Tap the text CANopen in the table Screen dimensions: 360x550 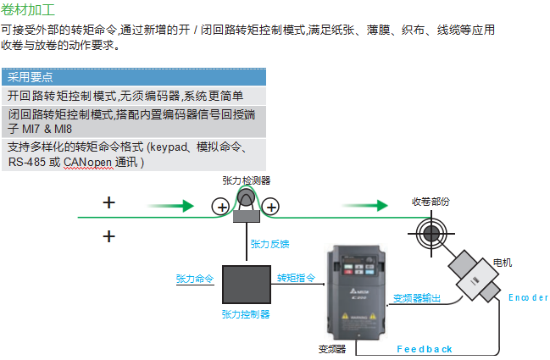tap(88, 161)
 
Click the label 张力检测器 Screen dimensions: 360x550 tap(246, 180)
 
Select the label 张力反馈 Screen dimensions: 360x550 tap(269, 244)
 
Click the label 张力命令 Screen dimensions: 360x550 tap(195, 278)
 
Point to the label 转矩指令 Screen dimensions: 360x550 tap(297, 278)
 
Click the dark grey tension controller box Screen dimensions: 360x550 tap(246, 284)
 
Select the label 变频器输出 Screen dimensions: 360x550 tap(417, 297)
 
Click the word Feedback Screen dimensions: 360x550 tap(425, 348)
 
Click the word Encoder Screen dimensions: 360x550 tap(527, 297)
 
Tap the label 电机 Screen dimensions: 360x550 tap(502, 263)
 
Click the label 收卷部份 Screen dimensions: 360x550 tap(431, 202)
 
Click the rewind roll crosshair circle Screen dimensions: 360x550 tap(431, 230)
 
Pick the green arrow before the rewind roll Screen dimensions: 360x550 tap(366, 205)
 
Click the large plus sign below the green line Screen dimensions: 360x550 tap(108, 235)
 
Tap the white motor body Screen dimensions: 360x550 tap(474, 276)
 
